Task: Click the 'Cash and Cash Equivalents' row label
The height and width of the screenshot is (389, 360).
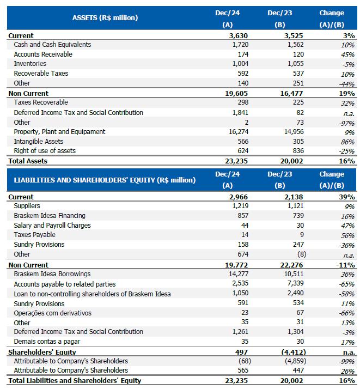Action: pos(52,45)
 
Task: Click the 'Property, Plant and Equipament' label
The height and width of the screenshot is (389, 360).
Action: pos(59,132)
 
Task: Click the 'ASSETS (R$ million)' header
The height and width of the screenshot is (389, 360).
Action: pos(105,17)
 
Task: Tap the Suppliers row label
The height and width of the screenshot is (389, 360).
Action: pos(27,206)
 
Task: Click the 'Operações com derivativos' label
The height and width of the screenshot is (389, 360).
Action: pos(53,313)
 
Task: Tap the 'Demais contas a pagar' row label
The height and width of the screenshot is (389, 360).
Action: pos(47,342)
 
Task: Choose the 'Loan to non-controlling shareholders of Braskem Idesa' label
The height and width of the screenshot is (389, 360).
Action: pos(92,294)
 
